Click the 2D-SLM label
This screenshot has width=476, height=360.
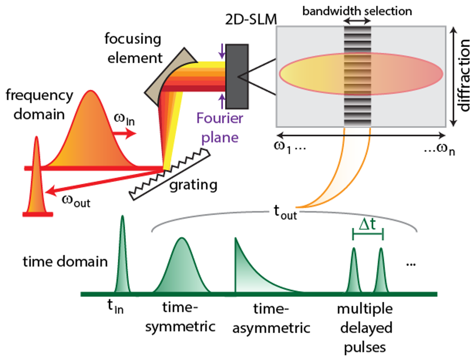coord(251,19)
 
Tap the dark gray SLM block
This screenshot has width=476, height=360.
coord(237,76)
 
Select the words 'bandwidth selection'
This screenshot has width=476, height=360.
coord(357,11)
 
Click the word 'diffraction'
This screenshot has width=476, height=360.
coord(464,75)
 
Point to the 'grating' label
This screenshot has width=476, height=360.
coord(193,185)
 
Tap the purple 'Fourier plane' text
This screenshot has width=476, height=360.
coord(219,128)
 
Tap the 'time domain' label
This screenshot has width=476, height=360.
coord(65,261)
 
